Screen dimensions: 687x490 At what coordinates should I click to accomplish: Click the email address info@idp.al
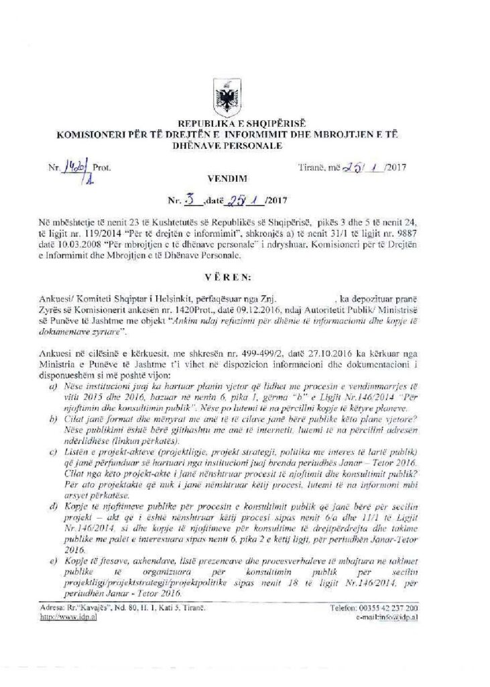[388, 615]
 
